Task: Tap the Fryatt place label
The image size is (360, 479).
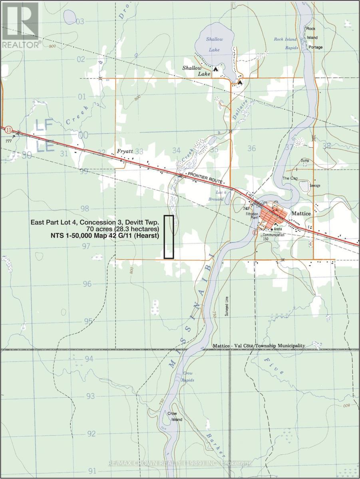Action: pyautogui.click(x=125, y=152)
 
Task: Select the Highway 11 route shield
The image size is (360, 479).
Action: pyautogui.click(x=8, y=130)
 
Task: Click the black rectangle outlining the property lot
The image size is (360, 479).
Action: pyautogui.click(x=169, y=237)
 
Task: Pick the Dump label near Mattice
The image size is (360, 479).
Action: pyautogui.click(x=305, y=160)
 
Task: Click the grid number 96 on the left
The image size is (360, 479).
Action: pyautogui.click(x=88, y=284)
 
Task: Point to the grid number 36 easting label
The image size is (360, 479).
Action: pyautogui.click(x=251, y=148)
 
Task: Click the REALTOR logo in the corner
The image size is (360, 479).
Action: pyautogui.click(x=21, y=24)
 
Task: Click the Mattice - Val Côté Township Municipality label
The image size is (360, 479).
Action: pyautogui.click(x=259, y=346)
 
